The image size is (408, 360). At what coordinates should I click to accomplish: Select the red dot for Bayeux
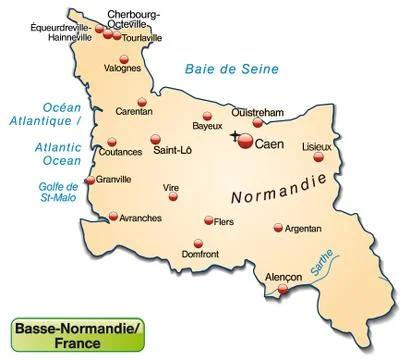(x=208, y=116)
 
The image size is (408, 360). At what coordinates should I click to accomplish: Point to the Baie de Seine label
(x=230, y=69)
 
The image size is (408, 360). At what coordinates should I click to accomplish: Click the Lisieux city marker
(x=319, y=156)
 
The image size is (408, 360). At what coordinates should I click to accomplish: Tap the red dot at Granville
(x=91, y=181)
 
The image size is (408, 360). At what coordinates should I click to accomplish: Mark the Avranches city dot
(x=113, y=215)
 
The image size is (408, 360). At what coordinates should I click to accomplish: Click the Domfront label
(x=200, y=255)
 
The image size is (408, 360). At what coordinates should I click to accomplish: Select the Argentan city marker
(x=278, y=228)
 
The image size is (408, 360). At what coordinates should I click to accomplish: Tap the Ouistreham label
(x=259, y=112)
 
